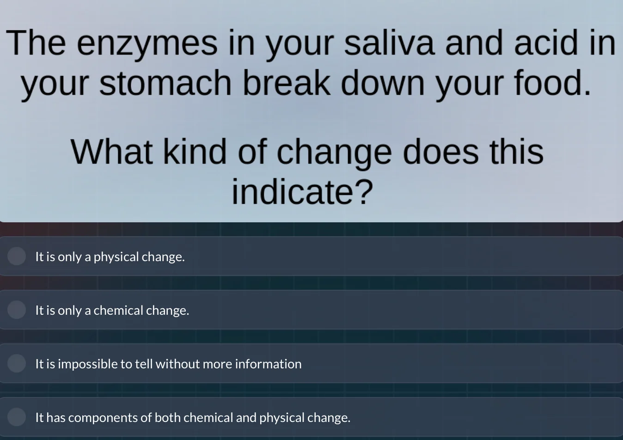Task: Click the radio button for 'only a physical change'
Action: click(17, 256)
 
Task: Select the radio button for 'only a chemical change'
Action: click(17, 310)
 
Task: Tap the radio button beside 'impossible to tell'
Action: click(17, 363)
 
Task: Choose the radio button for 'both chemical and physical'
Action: click(17, 417)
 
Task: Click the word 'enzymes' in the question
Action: click(147, 44)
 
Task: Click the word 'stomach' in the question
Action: click(165, 84)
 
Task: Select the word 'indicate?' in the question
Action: click(302, 192)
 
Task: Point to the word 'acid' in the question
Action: click(546, 43)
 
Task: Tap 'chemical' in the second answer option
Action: click(118, 310)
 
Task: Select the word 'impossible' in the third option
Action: click(88, 364)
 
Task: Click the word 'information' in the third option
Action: click(268, 364)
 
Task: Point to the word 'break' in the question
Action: click(287, 84)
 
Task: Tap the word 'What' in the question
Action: click(111, 152)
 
